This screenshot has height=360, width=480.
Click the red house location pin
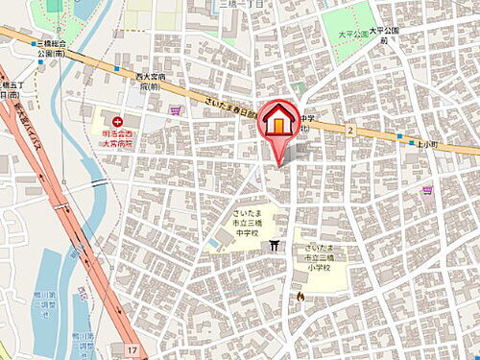point(279,123)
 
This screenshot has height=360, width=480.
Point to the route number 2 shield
point(351,130)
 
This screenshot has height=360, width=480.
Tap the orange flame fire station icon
point(300,297)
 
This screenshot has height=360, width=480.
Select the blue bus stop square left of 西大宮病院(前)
point(117,70)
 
